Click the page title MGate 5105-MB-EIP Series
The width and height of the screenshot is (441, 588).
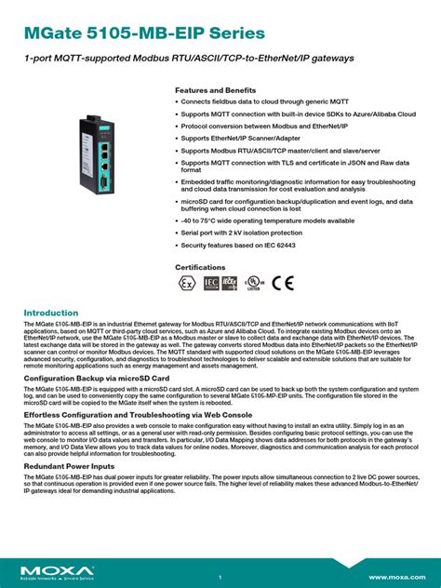click(x=144, y=33)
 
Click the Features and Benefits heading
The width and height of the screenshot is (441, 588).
click(x=216, y=90)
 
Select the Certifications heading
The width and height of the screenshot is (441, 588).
click(x=200, y=266)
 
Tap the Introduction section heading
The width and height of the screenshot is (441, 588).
click(x=51, y=313)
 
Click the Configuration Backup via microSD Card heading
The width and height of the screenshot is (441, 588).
click(x=96, y=380)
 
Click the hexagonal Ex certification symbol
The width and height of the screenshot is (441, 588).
click(x=187, y=284)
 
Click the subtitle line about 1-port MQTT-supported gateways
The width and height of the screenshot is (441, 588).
click(x=177, y=59)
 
